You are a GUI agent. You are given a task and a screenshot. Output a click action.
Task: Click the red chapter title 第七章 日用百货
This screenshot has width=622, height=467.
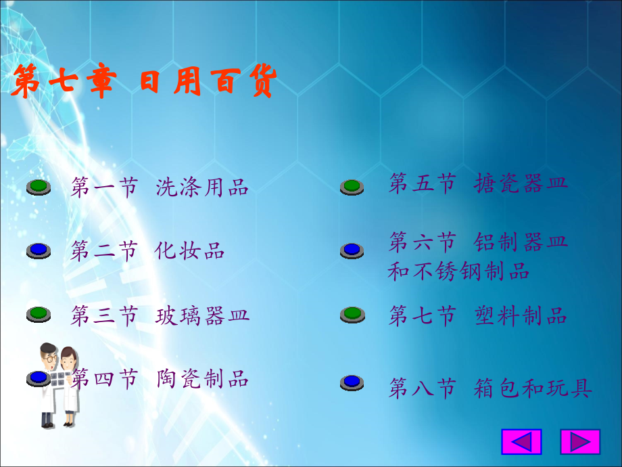point(143,81)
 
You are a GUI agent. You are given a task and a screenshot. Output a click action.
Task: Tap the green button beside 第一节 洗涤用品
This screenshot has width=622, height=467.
point(39,187)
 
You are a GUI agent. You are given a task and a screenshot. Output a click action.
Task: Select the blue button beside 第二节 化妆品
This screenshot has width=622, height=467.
point(39,250)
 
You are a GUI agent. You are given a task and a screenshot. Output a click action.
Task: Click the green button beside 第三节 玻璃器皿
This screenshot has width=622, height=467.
point(39,314)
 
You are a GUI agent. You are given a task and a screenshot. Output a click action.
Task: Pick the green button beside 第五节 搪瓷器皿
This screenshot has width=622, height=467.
point(352,187)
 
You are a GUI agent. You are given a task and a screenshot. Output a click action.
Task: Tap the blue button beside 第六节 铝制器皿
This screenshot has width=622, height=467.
point(352,250)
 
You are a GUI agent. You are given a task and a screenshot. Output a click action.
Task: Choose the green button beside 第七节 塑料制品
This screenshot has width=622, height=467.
point(352,315)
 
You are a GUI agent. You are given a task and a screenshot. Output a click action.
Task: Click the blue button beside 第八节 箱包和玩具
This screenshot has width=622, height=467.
point(352,382)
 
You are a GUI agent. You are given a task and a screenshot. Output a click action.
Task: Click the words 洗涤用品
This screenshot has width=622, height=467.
point(202,187)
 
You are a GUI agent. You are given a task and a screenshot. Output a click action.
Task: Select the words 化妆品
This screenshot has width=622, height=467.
point(189,250)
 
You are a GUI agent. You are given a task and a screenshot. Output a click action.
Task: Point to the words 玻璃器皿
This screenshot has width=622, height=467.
point(202,315)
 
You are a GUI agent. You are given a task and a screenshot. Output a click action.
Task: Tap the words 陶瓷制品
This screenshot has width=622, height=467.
point(202,378)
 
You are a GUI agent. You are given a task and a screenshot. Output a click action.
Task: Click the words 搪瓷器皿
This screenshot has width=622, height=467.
point(521,183)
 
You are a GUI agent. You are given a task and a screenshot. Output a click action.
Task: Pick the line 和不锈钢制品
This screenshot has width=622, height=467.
point(458,271)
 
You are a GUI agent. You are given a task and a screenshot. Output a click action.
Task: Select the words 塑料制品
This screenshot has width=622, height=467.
point(521,315)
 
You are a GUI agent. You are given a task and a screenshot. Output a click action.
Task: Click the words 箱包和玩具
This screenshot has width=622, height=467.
point(533,388)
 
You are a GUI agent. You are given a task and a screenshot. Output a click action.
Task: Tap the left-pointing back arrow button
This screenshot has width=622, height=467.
point(522,441)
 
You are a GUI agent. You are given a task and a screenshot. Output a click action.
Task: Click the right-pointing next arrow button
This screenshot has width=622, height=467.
point(580,441)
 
